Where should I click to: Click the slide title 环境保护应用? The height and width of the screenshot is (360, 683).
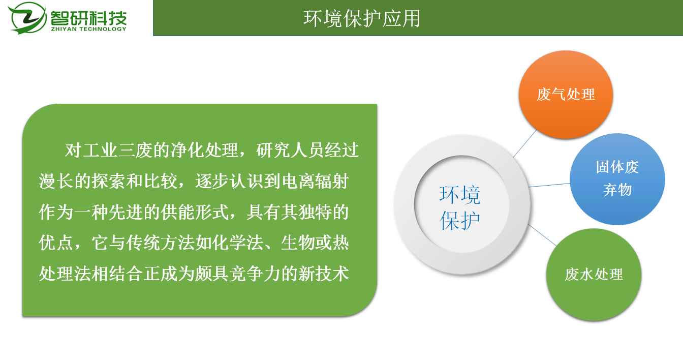[362, 18]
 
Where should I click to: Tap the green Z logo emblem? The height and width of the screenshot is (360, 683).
[27, 18]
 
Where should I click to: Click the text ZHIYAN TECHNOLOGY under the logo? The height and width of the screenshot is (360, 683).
[88, 29]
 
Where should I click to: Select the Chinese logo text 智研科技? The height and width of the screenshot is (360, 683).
[88, 18]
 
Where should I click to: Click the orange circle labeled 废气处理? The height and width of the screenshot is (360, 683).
[566, 95]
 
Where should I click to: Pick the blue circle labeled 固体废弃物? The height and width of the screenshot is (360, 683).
[617, 179]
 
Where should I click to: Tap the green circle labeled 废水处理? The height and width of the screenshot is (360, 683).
[594, 275]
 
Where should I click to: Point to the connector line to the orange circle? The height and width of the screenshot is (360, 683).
[525, 143]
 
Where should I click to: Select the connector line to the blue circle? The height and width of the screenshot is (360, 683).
[549, 185]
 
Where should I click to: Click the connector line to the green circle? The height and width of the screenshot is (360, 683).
[542, 235]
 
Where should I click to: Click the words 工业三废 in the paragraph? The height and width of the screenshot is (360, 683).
[117, 151]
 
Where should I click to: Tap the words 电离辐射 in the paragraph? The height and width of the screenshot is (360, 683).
[315, 182]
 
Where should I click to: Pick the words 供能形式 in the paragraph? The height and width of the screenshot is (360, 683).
[195, 213]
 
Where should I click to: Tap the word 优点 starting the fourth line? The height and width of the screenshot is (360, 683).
[56, 243]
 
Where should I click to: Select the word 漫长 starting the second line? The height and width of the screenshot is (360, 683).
[56, 182]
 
